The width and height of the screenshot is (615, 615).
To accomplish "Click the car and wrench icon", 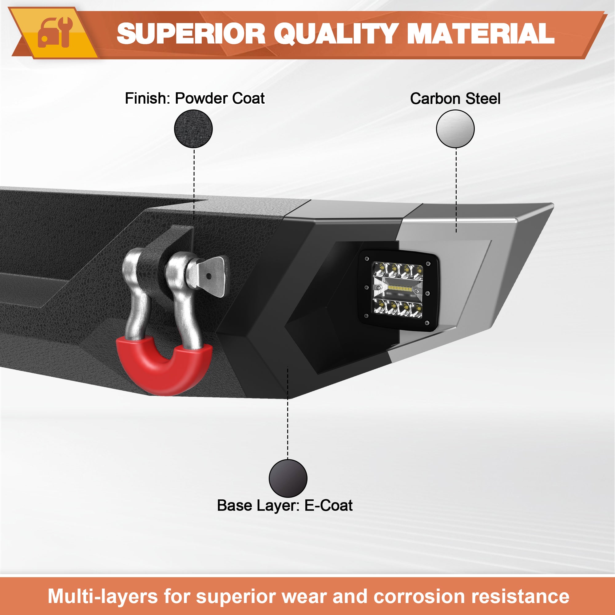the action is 55,32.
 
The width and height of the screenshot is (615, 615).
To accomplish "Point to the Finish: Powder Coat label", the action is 195,98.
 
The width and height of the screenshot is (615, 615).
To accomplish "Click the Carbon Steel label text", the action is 455,98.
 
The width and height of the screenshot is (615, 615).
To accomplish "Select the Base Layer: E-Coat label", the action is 284,505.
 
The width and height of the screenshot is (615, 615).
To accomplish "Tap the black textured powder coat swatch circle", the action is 193,129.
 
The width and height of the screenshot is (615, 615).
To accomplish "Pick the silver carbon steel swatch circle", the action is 455,129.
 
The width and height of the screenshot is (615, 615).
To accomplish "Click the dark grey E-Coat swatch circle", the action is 288,478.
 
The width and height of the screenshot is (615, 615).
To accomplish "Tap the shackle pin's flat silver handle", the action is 212,276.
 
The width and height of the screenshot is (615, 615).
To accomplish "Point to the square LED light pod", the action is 398,291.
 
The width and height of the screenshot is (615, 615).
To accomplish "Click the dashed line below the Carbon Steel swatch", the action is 456,190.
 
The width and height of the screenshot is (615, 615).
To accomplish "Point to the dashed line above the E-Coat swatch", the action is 288,413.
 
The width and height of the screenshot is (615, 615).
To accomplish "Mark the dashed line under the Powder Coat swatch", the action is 194,184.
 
